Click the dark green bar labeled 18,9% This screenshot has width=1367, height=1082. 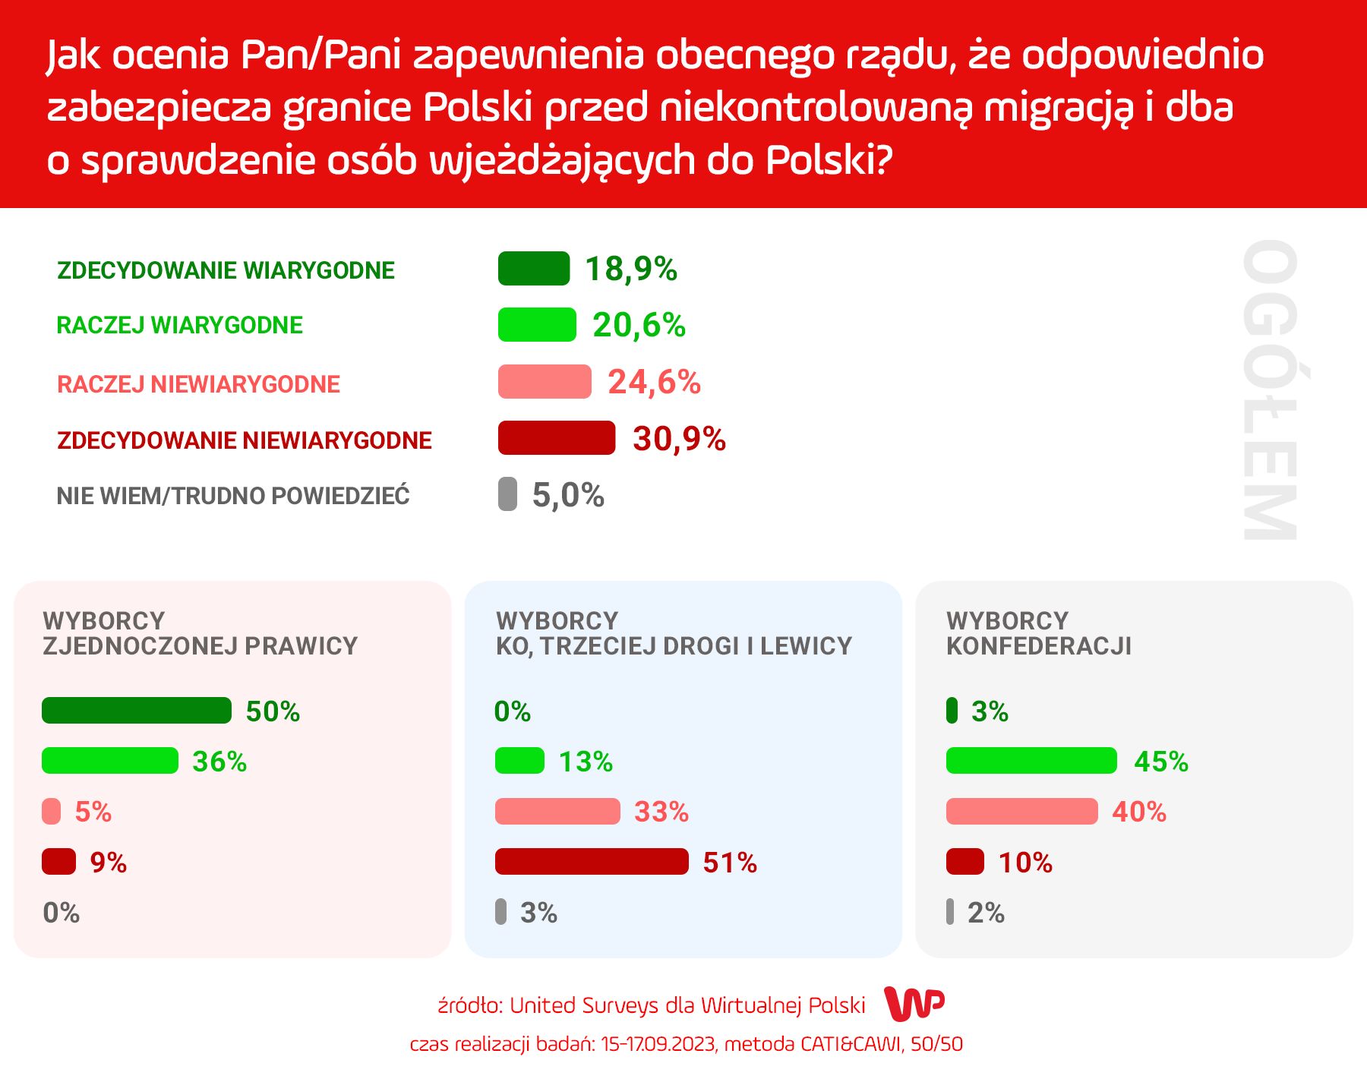click(533, 269)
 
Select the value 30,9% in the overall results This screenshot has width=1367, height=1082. click(679, 439)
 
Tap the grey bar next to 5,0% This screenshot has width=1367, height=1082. click(507, 494)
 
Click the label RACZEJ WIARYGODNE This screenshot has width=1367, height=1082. click(180, 326)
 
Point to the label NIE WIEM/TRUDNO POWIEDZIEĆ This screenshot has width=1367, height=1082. click(233, 496)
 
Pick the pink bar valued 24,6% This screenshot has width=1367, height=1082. click(544, 382)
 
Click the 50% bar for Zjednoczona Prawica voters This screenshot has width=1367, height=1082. click(137, 711)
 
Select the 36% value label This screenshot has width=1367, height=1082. click(219, 762)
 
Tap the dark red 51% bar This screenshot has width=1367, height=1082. click(592, 862)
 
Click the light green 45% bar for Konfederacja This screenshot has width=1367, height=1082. click(1031, 761)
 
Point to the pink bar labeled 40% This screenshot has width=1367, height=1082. click(1021, 812)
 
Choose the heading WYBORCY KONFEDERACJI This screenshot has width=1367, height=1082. click(1038, 633)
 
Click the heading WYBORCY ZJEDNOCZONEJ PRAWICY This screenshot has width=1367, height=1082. click(200, 633)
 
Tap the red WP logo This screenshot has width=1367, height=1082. click(914, 1005)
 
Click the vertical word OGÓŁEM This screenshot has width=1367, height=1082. click(1269, 390)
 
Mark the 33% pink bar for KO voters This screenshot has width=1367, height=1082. click(557, 812)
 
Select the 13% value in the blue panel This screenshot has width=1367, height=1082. click(586, 762)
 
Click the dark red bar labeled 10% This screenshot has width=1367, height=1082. click(964, 862)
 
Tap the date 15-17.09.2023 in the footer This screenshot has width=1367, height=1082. click(658, 1045)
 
